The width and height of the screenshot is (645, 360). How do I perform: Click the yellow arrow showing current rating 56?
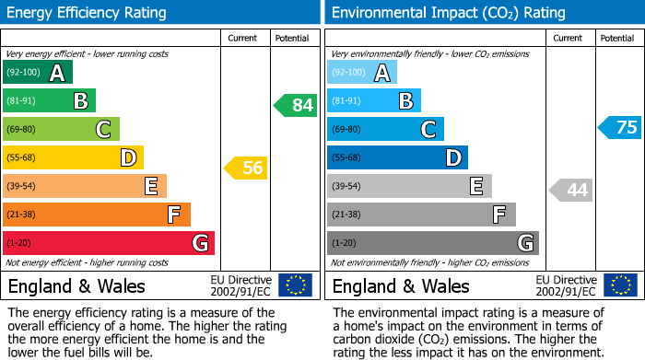(246, 168)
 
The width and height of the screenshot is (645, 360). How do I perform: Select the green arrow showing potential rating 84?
(296, 105)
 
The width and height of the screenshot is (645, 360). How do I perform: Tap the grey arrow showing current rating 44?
(570, 190)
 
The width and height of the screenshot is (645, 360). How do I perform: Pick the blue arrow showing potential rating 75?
(620, 127)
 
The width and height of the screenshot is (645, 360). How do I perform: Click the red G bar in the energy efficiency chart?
(109, 243)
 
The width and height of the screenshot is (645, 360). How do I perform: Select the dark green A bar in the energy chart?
(37, 73)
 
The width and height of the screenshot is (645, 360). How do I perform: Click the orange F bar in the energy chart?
(97, 215)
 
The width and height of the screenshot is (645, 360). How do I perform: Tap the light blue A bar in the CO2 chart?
(362, 73)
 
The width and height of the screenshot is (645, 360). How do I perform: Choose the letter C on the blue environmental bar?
(428, 130)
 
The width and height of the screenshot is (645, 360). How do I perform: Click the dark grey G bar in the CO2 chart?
(432, 243)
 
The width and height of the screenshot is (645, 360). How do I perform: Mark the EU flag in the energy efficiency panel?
(296, 285)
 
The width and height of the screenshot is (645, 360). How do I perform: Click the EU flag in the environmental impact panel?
(620, 285)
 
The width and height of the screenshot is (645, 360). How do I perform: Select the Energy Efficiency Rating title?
(88, 13)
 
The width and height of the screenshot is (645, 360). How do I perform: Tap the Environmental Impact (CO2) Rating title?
(448, 13)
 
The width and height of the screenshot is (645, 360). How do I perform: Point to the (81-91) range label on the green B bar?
(23, 101)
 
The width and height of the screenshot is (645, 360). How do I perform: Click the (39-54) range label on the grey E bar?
(347, 187)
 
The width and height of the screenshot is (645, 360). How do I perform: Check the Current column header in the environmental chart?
(569, 38)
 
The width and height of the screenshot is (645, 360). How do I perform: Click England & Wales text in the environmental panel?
(401, 285)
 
